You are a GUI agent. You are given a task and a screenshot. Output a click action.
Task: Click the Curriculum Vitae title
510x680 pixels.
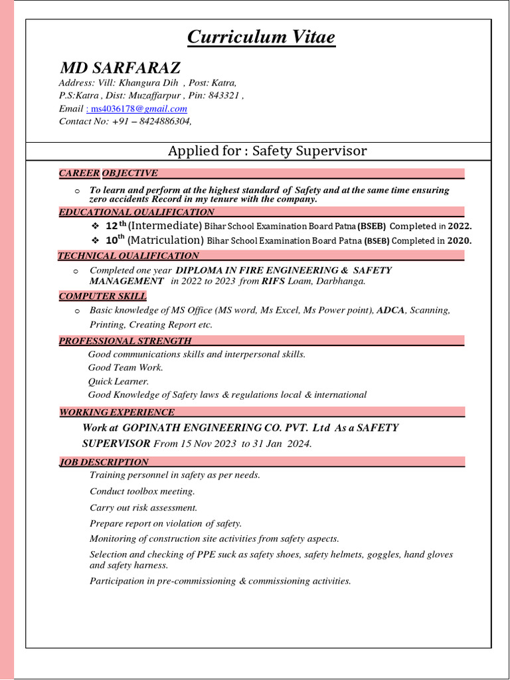click(x=261, y=37)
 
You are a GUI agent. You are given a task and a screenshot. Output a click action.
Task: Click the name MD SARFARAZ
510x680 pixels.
click(x=120, y=68)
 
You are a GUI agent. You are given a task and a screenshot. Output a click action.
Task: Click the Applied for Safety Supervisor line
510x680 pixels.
click(x=267, y=151)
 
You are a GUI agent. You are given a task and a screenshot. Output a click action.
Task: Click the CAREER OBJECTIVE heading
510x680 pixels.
click(x=108, y=173)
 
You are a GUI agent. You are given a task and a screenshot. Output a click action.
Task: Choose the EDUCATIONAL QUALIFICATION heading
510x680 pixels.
click(x=137, y=212)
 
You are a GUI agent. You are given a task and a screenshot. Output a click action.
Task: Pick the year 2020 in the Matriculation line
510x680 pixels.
click(x=458, y=240)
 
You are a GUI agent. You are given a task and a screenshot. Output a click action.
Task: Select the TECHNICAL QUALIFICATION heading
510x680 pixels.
click(x=128, y=256)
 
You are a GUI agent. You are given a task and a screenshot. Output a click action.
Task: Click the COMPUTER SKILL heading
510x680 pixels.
click(x=103, y=296)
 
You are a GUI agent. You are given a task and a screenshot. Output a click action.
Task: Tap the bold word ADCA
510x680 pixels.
click(x=390, y=310)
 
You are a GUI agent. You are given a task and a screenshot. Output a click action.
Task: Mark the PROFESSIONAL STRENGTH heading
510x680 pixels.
click(x=126, y=341)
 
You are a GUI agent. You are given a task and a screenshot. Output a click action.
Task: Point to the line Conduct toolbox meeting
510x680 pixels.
click(x=142, y=491)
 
